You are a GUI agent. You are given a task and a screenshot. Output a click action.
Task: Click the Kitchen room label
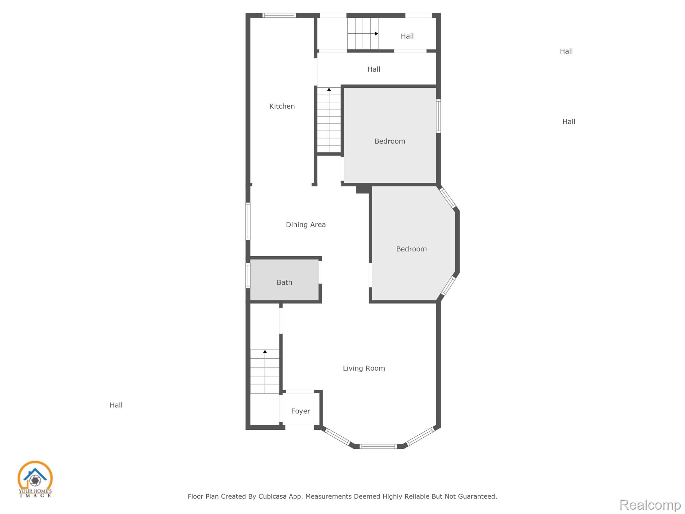282,106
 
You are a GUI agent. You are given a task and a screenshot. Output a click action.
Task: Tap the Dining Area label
306,225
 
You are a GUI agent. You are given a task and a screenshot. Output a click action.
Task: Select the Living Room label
364,368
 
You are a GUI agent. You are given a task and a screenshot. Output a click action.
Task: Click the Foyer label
301,411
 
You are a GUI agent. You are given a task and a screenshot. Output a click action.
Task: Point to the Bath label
284,282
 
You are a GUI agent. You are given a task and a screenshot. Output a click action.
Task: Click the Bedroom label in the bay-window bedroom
411,249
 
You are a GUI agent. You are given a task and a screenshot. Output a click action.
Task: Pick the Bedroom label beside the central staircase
390,141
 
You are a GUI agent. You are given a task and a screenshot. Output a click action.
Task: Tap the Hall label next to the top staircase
407,36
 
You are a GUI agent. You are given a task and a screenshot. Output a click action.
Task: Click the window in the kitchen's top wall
279,15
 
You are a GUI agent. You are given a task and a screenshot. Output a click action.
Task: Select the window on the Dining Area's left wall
248,221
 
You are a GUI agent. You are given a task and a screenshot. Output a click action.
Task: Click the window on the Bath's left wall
248,276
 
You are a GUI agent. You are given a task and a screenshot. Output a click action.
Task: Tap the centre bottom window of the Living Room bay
378,446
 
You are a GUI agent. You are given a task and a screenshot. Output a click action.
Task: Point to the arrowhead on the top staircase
377,34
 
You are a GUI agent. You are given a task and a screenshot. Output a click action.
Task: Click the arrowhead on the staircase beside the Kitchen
329,89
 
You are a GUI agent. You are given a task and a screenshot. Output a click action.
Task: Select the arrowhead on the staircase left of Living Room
265,351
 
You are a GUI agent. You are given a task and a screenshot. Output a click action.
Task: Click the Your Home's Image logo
35,479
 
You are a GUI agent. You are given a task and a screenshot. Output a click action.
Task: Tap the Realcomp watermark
650,505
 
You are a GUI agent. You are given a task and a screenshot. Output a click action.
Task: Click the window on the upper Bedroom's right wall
438,116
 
